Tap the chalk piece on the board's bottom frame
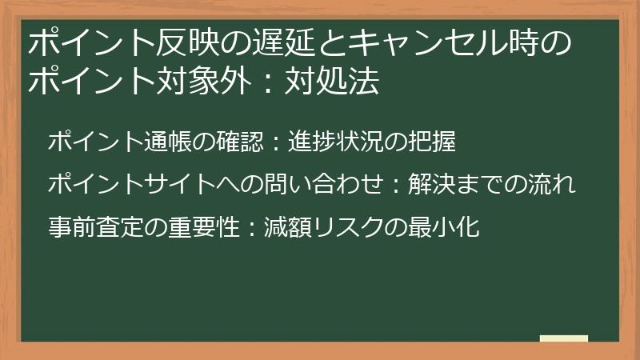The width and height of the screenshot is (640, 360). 564,338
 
